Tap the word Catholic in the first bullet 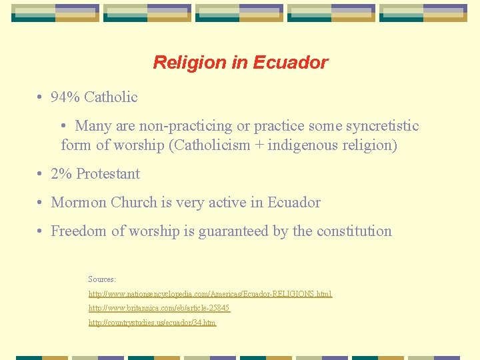coord(111,97)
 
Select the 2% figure coord(61,174)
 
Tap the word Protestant coord(108,174)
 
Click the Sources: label coord(102,279)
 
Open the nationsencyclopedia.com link coord(210,294)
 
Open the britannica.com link coord(159,308)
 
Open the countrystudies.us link coord(153,323)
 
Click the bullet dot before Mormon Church coord(41,203)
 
